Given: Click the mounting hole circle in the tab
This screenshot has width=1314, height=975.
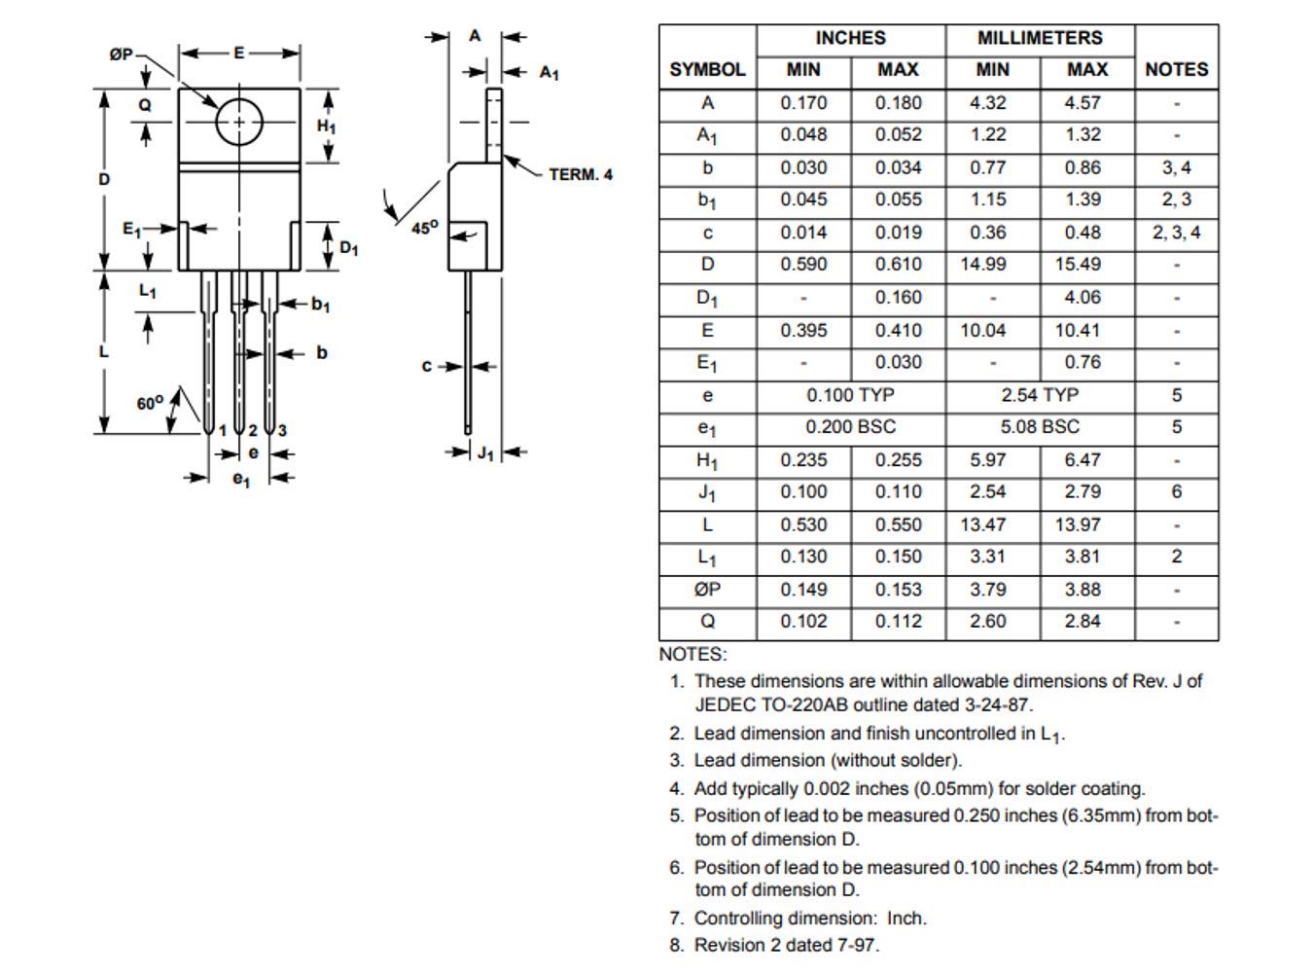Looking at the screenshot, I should click(x=238, y=123).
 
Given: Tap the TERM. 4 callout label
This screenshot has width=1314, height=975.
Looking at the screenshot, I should click(x=581, y=175).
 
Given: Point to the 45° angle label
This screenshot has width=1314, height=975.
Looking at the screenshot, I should click(x=424, y=228).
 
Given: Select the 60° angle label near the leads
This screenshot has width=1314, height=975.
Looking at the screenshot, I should click(x=150, y=403).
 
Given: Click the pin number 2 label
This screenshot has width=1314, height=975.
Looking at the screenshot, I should click(x=252, y=430).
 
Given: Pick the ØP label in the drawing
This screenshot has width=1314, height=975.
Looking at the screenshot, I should click(x=121, y=54).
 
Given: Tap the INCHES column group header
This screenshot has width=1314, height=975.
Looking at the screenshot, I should click(x=850, y=38).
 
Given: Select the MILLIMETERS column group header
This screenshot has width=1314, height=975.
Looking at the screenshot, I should click(x=1039, y=38).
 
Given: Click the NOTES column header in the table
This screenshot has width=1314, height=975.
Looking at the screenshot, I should click(x=1176, y=69).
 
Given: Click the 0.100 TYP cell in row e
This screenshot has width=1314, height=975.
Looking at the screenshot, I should click(x=850, y=395).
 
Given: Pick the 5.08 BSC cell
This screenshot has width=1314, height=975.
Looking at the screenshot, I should click(x=1039, y=427).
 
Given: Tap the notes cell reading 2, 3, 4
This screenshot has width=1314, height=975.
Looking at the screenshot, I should click(x=1176, y=233).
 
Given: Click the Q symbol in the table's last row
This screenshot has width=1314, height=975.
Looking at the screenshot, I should click(x=707, y=622).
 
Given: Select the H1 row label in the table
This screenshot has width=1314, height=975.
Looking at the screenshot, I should click(x=707, y=460).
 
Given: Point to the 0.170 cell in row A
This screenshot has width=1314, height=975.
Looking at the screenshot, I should click(x=803, y=103).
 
